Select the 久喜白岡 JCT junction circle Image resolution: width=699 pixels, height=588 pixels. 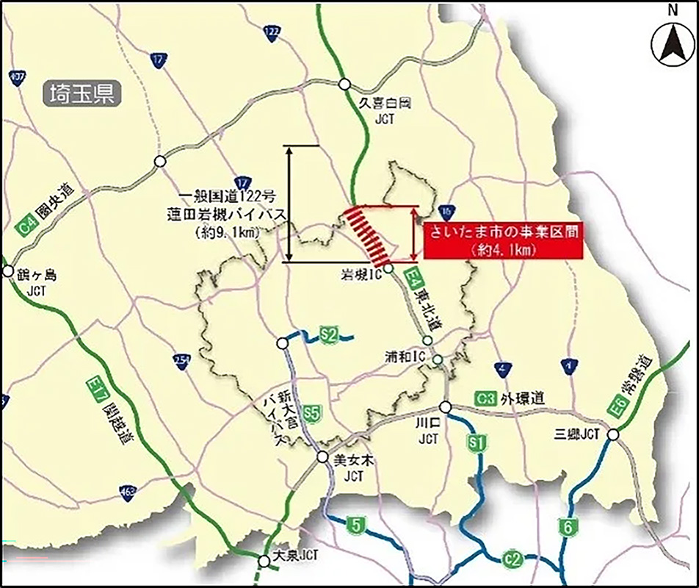pyautogui.click(x=344, y=85)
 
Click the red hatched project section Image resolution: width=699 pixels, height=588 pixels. pyautogui.click(x=372, y=234)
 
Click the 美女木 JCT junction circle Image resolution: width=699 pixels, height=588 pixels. pyautogui.click(x=322, y=457)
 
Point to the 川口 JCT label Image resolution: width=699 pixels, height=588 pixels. pyautogui.click(x=427, y=431)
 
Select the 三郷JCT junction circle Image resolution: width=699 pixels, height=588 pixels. pyautogui.click(x=613, y=435)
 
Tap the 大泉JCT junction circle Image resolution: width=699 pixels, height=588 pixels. pyautogui.click(x=264, y=562)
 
